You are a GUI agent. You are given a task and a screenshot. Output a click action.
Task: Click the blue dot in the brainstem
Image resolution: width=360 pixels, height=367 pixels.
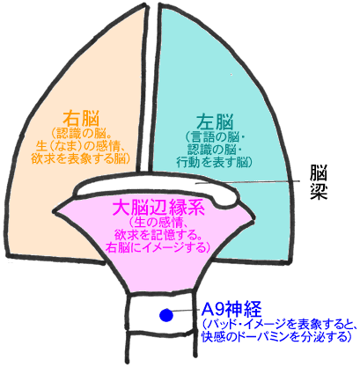coord(166,315)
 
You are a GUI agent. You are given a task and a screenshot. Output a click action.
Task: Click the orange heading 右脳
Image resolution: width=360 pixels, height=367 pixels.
coord(81,119)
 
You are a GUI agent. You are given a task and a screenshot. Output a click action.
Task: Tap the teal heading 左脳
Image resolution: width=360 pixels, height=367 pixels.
coord(215,122)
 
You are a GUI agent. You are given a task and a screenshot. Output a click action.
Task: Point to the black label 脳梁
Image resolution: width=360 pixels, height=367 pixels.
coord(319,182)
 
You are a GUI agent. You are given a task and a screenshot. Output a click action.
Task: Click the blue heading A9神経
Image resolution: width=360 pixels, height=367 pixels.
coord(231,309)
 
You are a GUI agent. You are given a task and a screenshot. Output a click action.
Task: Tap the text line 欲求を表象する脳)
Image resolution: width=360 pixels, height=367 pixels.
coord(81,158)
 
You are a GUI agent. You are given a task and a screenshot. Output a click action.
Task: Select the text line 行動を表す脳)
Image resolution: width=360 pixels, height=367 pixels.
coord(214,161)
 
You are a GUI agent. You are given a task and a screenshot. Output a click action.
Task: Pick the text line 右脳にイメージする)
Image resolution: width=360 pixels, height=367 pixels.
coord(158,247)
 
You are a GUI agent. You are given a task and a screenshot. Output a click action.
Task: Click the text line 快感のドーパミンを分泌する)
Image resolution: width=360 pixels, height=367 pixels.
coord(276,336)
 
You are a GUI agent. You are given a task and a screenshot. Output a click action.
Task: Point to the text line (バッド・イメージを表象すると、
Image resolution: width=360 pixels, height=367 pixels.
coord(280,324)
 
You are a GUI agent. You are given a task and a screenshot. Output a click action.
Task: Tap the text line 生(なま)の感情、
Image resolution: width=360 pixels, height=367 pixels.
coord(81,146)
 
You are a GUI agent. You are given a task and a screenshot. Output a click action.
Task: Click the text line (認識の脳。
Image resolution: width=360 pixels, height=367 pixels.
coord(81,134)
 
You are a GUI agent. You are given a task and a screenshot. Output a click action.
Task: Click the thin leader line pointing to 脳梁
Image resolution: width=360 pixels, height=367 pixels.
coord(248,182)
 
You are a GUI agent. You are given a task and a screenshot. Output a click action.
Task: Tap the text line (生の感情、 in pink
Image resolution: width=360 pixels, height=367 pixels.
coord(158,223)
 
